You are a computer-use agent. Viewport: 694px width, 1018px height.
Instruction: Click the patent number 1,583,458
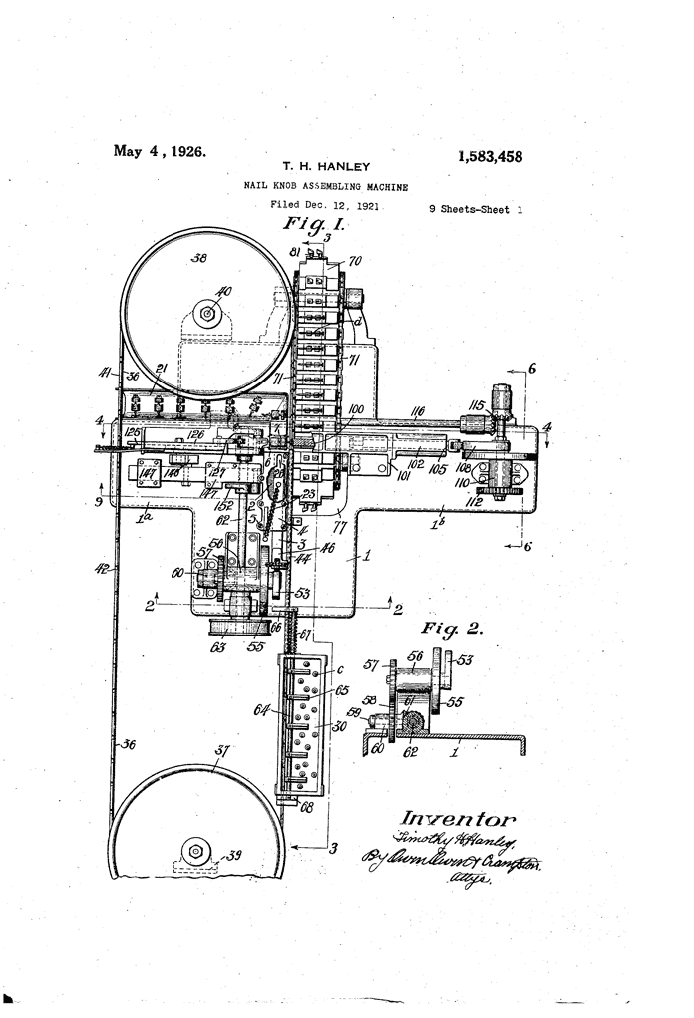[490, 157]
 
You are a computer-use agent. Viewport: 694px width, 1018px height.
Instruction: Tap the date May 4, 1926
[160, 152]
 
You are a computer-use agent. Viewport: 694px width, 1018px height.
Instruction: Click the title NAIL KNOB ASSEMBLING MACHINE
[326, 186]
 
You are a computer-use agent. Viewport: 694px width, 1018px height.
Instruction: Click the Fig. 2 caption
[451, 630]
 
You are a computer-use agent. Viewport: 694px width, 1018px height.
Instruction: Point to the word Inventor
[459, 819]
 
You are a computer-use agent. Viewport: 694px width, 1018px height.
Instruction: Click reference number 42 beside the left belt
[103, 570]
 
